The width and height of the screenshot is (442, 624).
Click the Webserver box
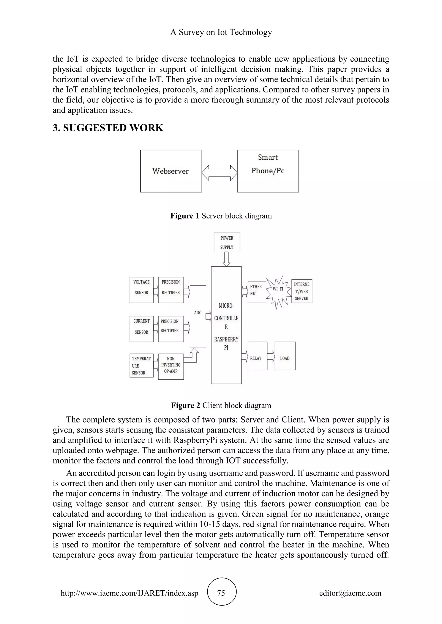(171, 171)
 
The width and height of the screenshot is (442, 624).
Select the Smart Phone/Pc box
(268, 171)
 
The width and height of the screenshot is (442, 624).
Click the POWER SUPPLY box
(227, 242)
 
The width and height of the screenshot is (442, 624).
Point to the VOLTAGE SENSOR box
(142, 290)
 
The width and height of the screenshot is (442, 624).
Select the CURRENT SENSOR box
(142, 329)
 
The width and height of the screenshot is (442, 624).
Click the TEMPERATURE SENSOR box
(142, 365)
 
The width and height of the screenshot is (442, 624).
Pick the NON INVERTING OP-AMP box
(171, 366)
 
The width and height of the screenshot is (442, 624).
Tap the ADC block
(198, 317)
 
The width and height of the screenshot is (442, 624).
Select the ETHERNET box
(257, 292)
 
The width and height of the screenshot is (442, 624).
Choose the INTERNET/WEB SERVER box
(302, 291)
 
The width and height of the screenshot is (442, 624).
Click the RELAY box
(257, 356)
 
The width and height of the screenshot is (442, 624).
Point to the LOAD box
(285, 356)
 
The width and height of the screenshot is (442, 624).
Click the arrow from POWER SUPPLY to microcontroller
(226, 259)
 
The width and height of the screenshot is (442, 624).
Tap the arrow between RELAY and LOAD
(271, 356)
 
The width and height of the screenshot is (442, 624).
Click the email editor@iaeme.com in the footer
(350, 593)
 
